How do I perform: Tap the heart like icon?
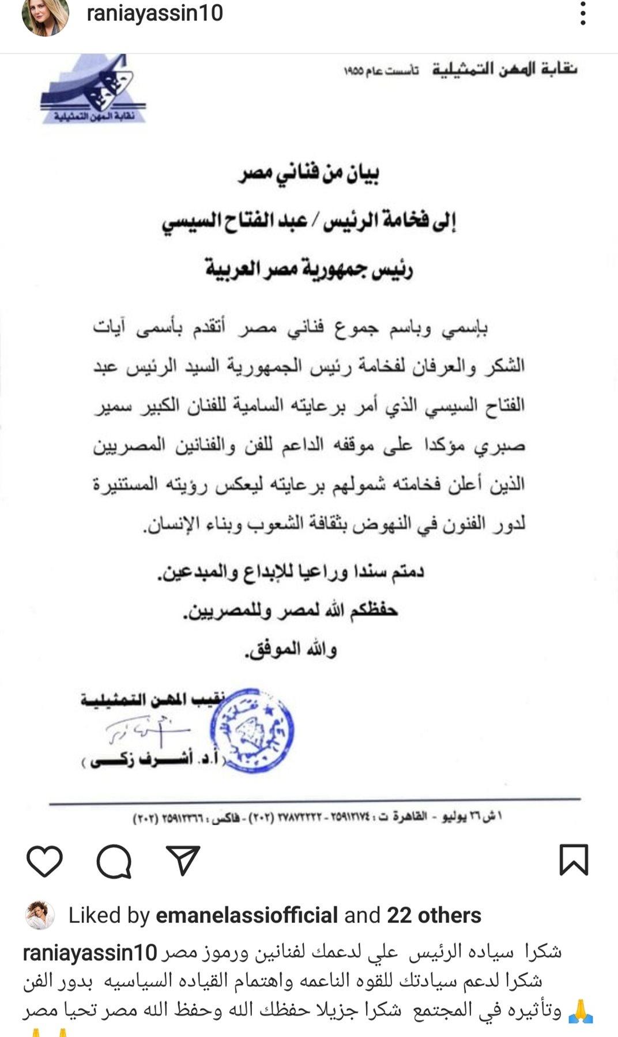(x=44, y=861)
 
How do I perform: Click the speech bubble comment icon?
(x=114, y=861)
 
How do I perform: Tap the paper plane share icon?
(x=183, y=861)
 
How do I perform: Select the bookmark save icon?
(x=574, y=860)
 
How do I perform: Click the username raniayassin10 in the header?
(x=154, y=13)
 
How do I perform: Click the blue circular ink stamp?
(x=252, y=730)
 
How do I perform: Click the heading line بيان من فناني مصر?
(x=308, y=173)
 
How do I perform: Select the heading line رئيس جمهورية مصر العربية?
(x=309, y=268)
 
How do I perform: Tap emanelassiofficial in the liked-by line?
(x=247, y=915)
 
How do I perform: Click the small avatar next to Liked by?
(x=40, y=915)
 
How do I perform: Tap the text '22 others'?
(x=434, y=915)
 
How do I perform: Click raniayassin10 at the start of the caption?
(x=90, y=952)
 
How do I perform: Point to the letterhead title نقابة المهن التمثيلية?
(x=504, y=69)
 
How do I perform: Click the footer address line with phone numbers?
(x=317, y=818)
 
